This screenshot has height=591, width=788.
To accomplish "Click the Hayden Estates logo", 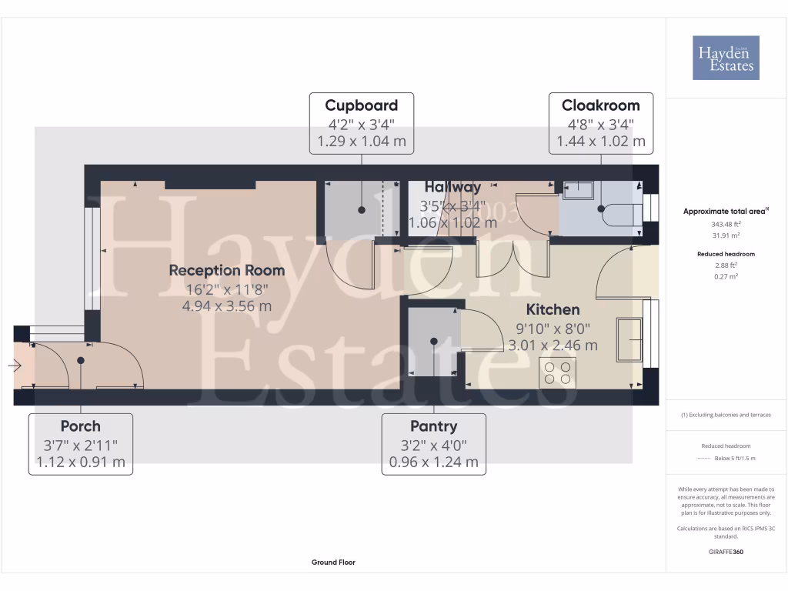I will point(725,58).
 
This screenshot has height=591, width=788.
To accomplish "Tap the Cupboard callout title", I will point(361,105).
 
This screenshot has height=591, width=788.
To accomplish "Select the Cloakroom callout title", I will point(600,105).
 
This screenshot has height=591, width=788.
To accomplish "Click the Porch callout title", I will point(80,426).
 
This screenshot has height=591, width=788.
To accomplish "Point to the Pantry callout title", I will point(434,426).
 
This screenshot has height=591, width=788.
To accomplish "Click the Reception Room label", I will point(226,270).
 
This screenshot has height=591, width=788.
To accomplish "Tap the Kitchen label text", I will point(553,309).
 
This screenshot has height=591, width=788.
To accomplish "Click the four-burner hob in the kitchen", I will point(558,372).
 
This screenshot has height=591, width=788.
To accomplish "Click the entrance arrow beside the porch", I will point(15,366).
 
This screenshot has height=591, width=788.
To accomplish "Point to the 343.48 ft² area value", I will point(726,224).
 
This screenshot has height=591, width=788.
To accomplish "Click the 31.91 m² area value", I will point(726,235).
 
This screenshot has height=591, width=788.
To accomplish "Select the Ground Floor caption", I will point(333,563).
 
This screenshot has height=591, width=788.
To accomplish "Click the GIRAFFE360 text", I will point(726,552).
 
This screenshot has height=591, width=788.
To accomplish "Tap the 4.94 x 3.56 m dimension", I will point(227,306).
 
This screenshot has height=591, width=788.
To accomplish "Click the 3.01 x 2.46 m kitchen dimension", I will point(553,346).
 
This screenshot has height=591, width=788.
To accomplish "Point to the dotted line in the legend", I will point(703,458).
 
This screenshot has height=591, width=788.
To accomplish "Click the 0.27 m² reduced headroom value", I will point(726,275).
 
